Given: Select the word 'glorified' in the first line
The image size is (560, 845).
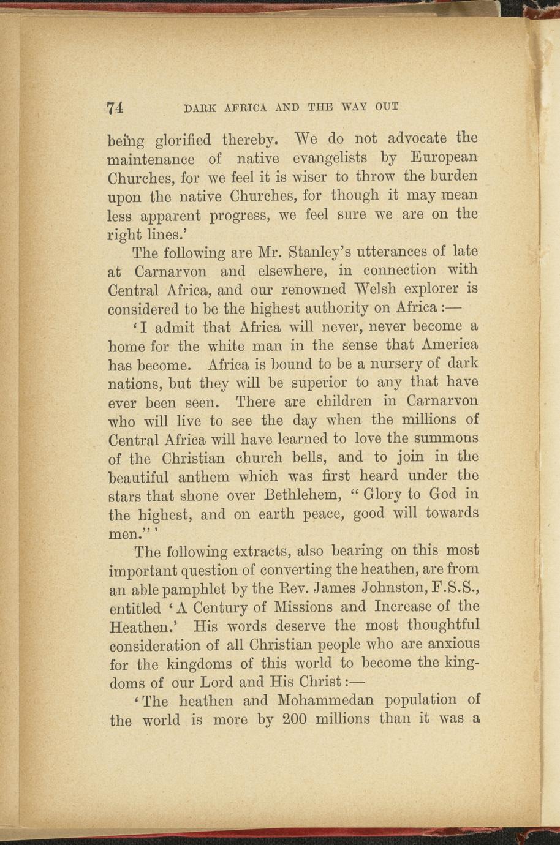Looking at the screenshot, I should tap(182, 140).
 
